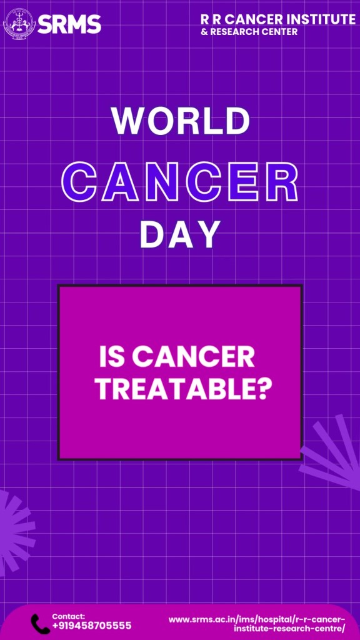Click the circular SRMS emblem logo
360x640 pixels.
19,23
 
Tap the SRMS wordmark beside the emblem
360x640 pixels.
69,24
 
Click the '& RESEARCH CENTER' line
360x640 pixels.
249,31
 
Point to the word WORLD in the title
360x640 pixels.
181,121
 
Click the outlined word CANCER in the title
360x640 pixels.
179,182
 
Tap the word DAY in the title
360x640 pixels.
180,234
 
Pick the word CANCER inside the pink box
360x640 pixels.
192,357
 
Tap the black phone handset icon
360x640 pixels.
41,624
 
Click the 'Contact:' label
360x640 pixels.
69,616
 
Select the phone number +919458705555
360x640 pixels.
92,626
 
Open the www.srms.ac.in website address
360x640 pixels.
257,623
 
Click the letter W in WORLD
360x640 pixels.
127,121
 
